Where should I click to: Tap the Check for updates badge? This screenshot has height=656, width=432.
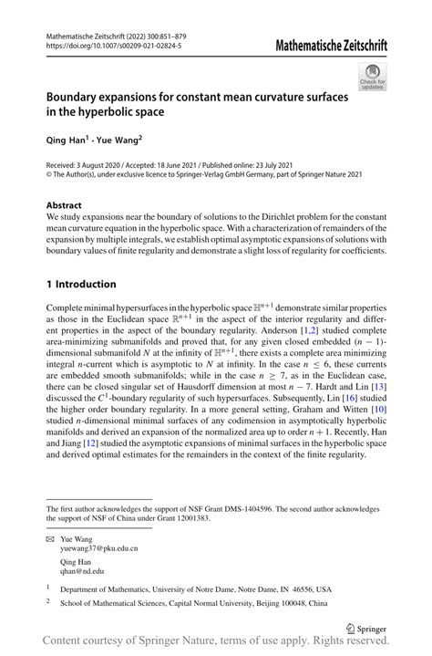(x=372, y=78)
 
